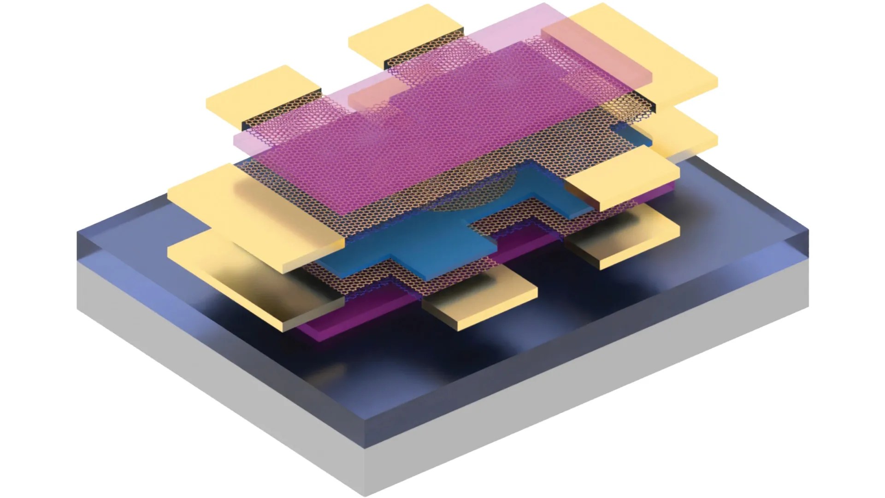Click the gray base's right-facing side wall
point(599,392)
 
